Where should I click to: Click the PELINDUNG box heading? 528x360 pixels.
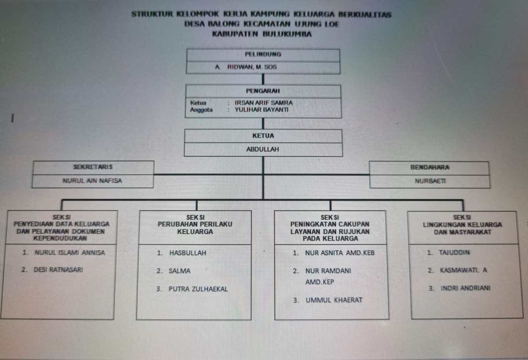pyautogui.click(x=263, y=55)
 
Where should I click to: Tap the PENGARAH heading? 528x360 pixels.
pyautogui.click(x=263, y=91)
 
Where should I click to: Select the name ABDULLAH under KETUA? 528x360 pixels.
pyautogui.click(x=263, y=149)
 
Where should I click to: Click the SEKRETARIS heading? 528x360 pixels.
pyautogui.click(x=93, y=167)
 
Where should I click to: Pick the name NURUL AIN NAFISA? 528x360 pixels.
pyautogui.click(x=92, y=180)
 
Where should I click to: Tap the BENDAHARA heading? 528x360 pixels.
pyautogui.click(x=429, y=167)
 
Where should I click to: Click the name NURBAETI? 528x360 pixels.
pyautogui.click(x=429, y=180)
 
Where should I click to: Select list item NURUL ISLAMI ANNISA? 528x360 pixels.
pyautogui.click(x=70, y=253)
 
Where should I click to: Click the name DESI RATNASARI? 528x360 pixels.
pyautogui.click(x=58, y=269)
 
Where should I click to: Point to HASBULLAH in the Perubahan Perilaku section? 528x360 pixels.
pyautogui.click(x=187, y=253)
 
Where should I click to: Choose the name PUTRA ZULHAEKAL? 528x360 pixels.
pyautogui.click(x=198, y=289)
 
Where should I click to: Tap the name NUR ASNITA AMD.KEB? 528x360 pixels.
pyautogui.click(x=340, y=253)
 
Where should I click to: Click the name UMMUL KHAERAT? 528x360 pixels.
pyautogui.click(x=334, y=300)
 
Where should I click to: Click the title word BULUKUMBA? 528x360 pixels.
pyautogui.click(x=286, y=33)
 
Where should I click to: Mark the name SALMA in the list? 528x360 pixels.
pyautogui.click(x=180, y=271)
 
